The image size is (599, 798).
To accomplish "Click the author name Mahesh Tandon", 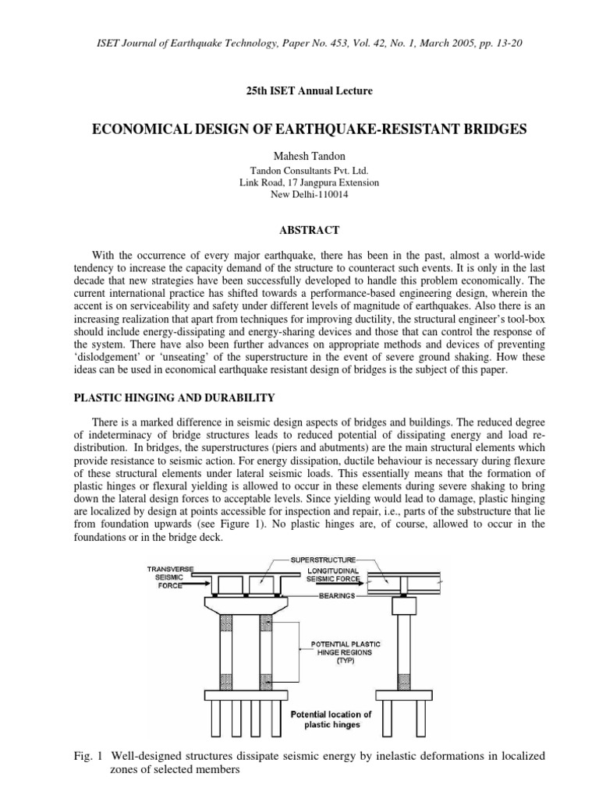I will pyautogui.click(x=299, y=156).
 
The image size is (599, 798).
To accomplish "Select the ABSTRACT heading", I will pyautogui.click(x=299, y=230).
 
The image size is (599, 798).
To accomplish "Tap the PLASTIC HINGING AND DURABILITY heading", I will pyautogui.click(x=174, y=397).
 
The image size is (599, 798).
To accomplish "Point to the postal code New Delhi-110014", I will pyautogui.click(x=299, y=195).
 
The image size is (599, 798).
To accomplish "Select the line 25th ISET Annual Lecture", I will pyautogui.click(x=299, y=91).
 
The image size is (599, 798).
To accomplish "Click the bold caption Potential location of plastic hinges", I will pyautogui.click(x=331, y=719).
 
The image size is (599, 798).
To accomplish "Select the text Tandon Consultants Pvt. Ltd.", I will pyautogui.click(x=299, y=170).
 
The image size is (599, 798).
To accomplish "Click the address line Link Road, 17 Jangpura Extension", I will pyautogui.click(x=299, y=182).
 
